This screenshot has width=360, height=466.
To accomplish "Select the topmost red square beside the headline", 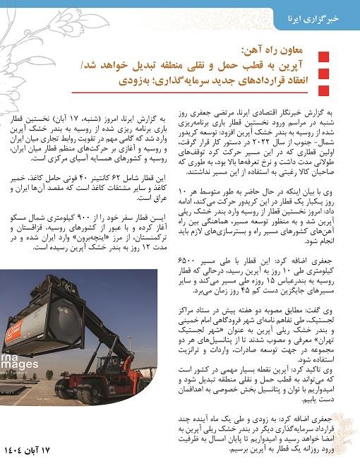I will (323, 58).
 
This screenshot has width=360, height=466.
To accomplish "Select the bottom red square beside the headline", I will (323, 88).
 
